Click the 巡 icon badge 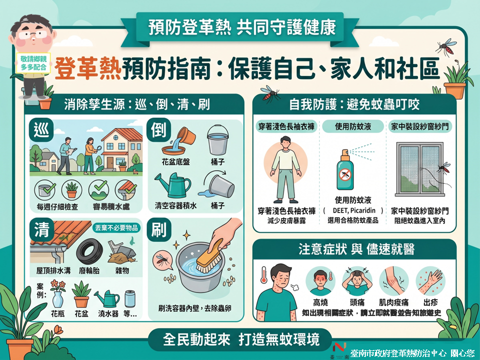click(x=41, y=130)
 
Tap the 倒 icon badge click(x=158, y=129)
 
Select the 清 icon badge click(x=41, y=229)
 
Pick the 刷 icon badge click(x=158, y=229)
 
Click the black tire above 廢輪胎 click(x=89, y=251)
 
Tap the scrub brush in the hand click(x=209, y=257)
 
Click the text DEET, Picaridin click(x=354, y=210)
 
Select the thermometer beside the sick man click(x=264, y=274)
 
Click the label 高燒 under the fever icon click(x=320, y=302)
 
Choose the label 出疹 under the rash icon click(x=430, y=302)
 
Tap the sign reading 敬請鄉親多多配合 click(x=33, y=63)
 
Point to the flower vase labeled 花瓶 click(x=58, y=298)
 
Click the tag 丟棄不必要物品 click(x=116, y=228)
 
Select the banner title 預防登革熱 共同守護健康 click(x=242, y=27)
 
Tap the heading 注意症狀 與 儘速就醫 click(x=356, y=249)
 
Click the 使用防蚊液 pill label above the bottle click(x=353, y=126)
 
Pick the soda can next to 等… click(x=130, y=299)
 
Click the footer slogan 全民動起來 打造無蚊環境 click(x=241, y=339)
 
